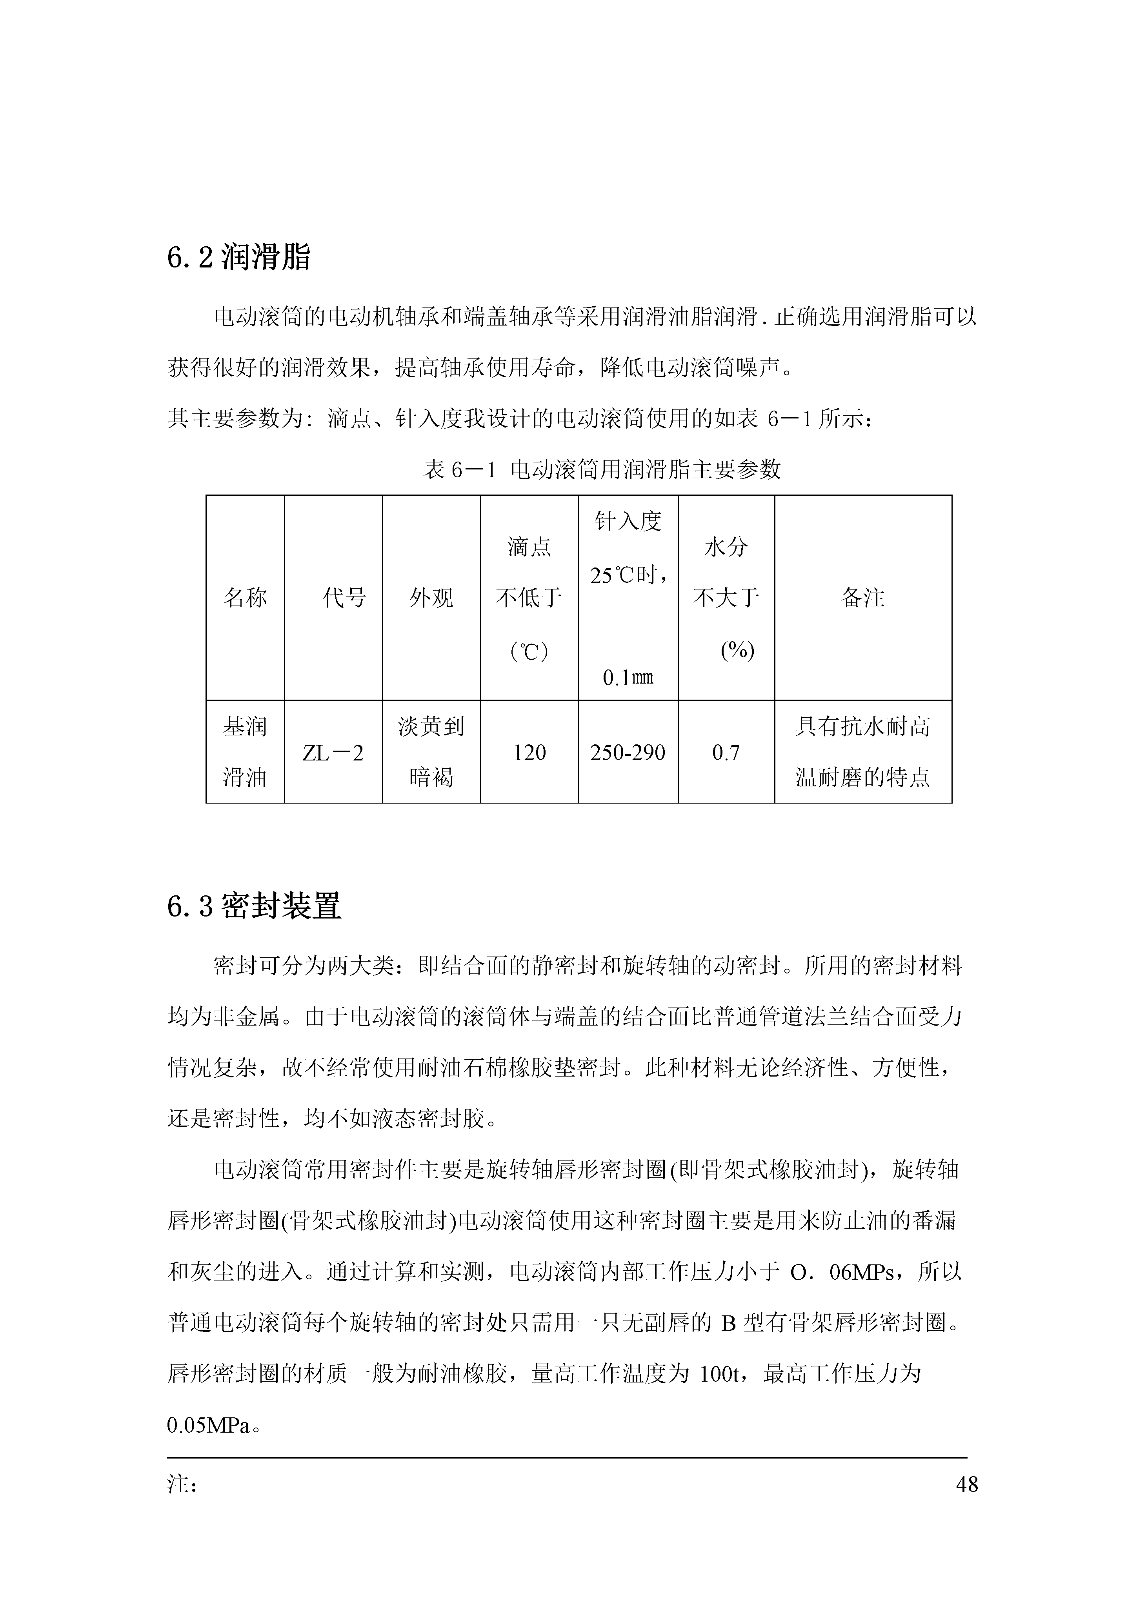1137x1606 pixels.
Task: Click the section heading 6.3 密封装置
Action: click(253, 906)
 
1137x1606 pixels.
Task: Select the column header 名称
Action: click(245, 598)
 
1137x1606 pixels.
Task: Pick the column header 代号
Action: click(344, 598)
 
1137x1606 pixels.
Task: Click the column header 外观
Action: click(431, 598)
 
